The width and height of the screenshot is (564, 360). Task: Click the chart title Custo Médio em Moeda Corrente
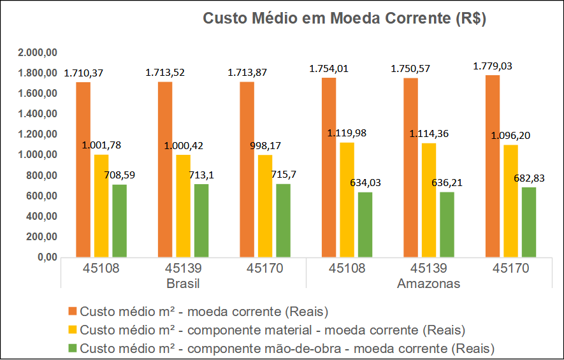click(x=344, y=18)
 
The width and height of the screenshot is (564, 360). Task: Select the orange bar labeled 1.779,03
click(x=493, y=166)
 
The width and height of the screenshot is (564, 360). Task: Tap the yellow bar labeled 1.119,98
click(x=347, y=200)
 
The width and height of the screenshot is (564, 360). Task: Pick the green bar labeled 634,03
click(x=365, y=225)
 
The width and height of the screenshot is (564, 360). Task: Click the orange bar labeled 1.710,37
click(x=83, y=169)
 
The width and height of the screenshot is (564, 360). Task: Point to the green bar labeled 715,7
click(x=283, y=220)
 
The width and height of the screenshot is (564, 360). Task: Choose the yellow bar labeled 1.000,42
click(x=183, y=206)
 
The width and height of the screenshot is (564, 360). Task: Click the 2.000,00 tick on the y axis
click(x=38, y=52)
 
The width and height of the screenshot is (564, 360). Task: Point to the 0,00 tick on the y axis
click(x=48, y=257)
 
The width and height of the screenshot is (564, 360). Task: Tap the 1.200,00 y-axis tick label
click(x=38, y=134)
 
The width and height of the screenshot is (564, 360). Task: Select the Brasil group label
click(x=183, y=284)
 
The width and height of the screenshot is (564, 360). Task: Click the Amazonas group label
click(x=428, y=284)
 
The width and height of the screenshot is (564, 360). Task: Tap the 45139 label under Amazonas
click(x=428, y=268)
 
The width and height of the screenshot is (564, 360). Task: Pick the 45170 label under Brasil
click(x=264, y=268)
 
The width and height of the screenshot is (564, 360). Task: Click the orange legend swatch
click(x=73, y=311)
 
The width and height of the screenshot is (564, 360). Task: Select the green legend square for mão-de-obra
click(x=73, y=348)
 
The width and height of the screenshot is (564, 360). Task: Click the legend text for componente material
click(x=272, y=330)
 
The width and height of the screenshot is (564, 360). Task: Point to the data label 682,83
click(x=529, y=178)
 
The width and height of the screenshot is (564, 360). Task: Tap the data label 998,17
click(x=266, y=146)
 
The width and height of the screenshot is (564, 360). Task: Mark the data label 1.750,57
click(x=410, y=69)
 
